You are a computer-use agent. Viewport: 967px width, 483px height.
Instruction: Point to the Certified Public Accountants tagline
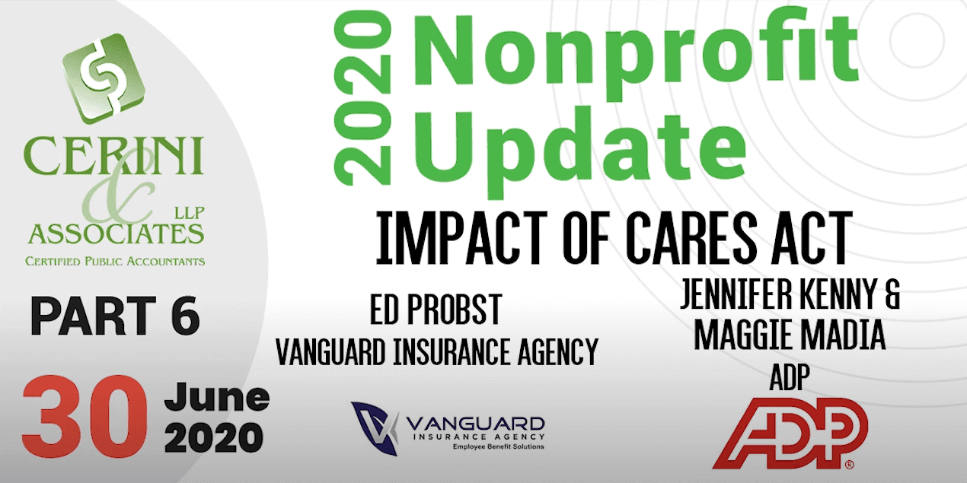point(115,262)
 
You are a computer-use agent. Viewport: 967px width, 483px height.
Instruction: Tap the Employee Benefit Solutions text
point(499,446)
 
